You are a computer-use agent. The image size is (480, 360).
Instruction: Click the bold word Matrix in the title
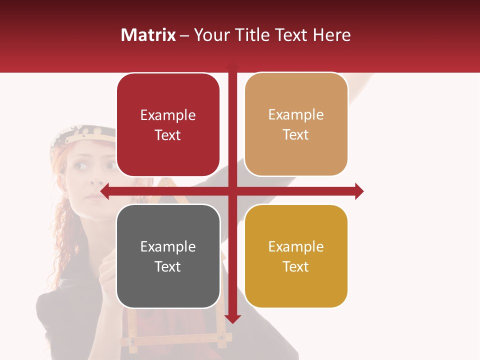(x=148, y=35)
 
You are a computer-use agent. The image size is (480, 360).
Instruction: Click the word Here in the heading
(x=331, y=35)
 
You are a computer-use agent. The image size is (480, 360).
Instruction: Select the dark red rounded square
(x=168, y=125)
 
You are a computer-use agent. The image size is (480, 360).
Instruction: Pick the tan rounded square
(x=296, y=124)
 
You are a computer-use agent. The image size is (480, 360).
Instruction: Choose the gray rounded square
(x=168, y=256)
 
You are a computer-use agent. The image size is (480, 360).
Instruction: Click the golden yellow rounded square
(x=296, y=256)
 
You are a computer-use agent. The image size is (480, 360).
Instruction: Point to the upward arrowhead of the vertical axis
(x=232, y=65)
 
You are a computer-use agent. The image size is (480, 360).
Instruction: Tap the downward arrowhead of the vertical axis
(x=232, y=318)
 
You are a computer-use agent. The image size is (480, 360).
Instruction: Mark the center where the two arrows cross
(x=232, y=191)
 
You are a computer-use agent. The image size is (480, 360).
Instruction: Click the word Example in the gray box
(x=168, y=246)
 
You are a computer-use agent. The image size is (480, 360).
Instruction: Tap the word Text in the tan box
(x=296, y=134)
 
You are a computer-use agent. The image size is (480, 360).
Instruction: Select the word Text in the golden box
(x=296, y=266)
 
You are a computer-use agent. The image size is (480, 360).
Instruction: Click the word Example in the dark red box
(x=168, y=115)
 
